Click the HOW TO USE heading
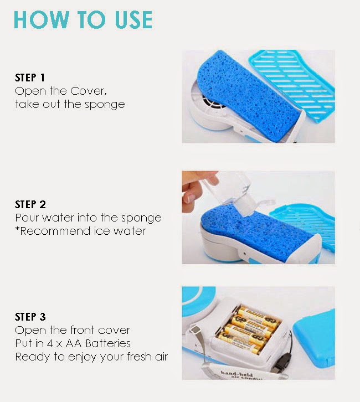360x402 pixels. click(83, 19)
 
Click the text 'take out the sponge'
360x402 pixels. click(70, 104)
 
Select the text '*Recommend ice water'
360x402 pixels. click(80, 230)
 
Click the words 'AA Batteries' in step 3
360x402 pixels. click(102, 344)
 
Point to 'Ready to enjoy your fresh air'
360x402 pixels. click(91, 357)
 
